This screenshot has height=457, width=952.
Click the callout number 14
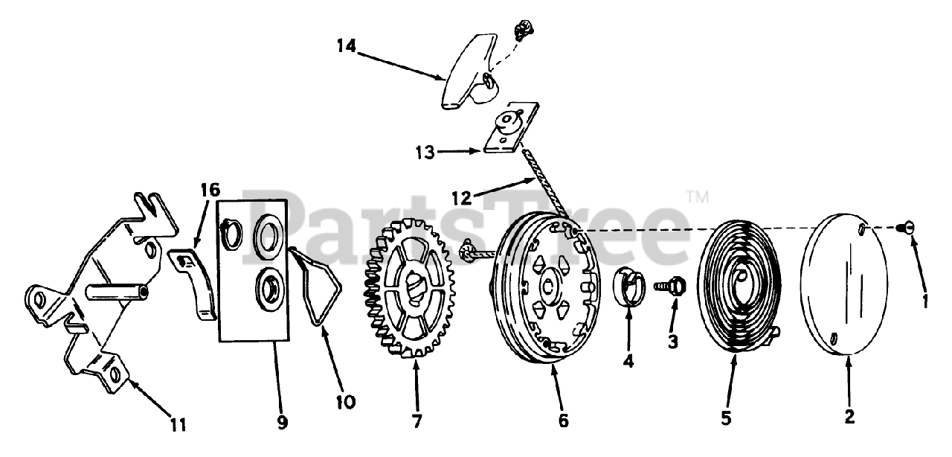click(x=346, y=46)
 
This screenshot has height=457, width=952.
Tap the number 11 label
click(x=177, y=424)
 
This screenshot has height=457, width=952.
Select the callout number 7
click(x=416, y=421)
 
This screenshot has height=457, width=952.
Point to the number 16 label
click(x=210, y=191)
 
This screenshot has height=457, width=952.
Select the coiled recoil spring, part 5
click(x=736, y=283)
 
